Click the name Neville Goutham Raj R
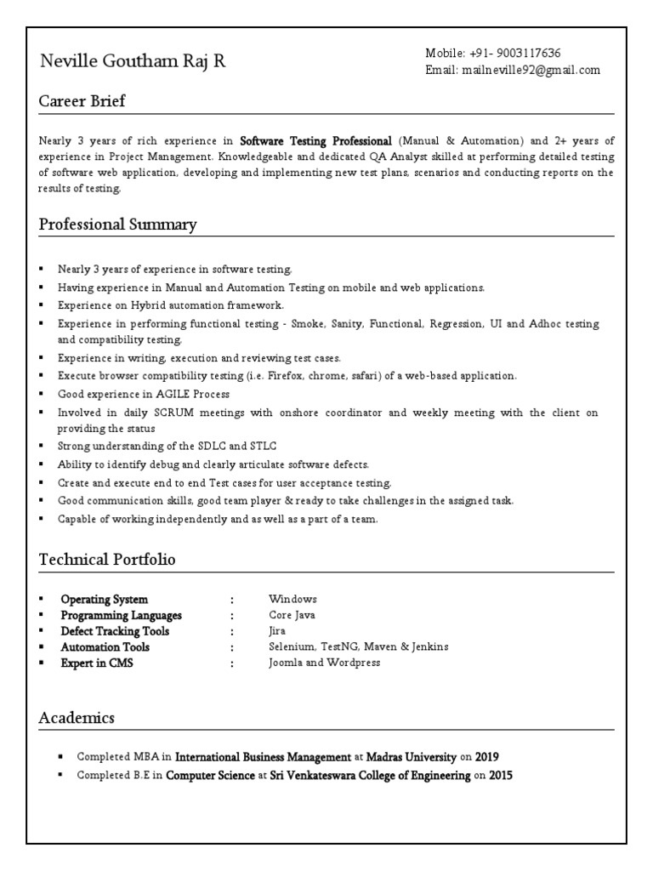[x=133, y=62]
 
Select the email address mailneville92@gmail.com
[x=531, y=71]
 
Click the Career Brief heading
[x=82, y=102]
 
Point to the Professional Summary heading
[x=118, y=225]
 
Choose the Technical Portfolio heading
[x=108, y=560]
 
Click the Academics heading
[x=77, y=718]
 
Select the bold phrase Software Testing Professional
[x=315, y=141]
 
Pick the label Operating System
[x=104, y=600]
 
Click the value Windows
[x=292, y=600]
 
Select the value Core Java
[x=292, y=616]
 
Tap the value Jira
[x=277, y=632]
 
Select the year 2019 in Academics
[x=487, y=756]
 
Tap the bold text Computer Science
[x=210, y=776]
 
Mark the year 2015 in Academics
[x=501, y=776]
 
